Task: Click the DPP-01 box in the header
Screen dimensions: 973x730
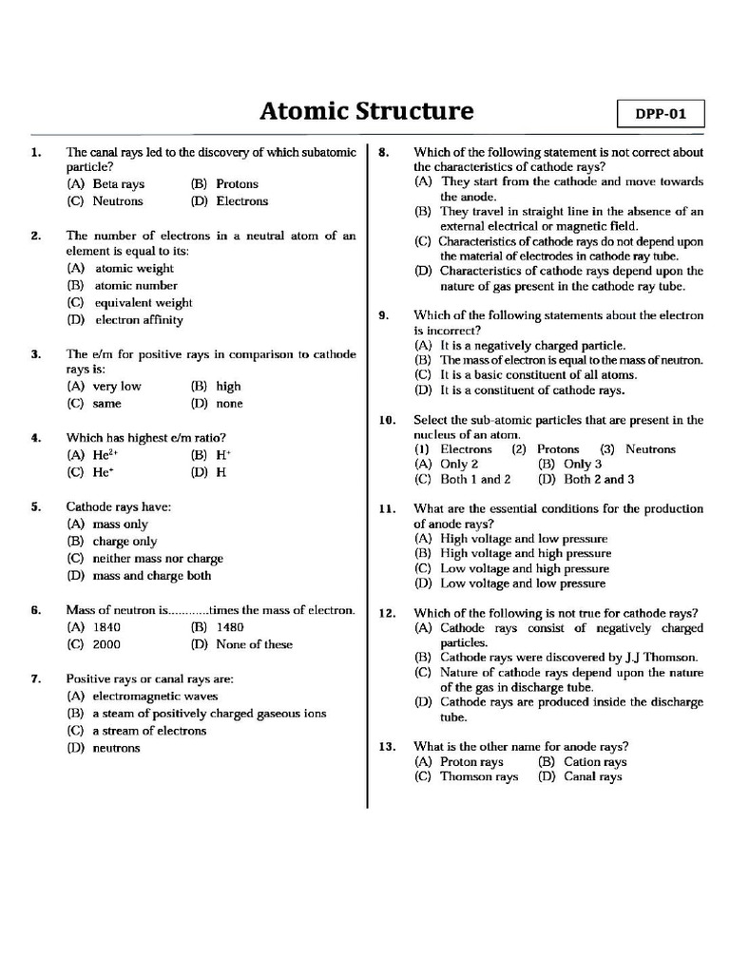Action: [661, 114]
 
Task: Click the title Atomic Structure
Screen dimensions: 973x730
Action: [366, 111]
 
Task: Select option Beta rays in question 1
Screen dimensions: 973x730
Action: [106, 184]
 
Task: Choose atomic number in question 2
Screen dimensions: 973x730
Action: [123, 285]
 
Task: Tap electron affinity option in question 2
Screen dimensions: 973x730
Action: [125, 320]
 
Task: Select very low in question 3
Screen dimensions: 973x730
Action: [104, 387]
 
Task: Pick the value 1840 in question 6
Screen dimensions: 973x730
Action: [95, 627]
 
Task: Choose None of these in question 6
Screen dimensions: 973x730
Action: [241, 644]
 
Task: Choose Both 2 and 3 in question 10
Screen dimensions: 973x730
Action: [586, 480]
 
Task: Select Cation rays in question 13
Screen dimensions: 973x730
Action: [583, 762]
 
